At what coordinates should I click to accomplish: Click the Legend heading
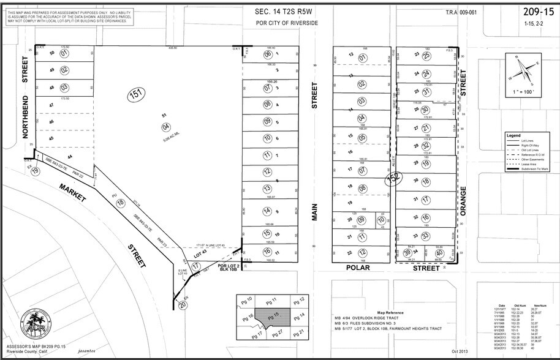[x=513, y=135]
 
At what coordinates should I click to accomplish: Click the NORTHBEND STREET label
[x=26, y=98]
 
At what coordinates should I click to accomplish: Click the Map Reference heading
[x=388, y=312]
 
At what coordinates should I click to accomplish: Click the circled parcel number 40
[x=439, y=253]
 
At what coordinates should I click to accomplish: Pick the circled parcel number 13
[x=267, y=189]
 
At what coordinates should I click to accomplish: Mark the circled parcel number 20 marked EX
[x=183, y=304]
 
